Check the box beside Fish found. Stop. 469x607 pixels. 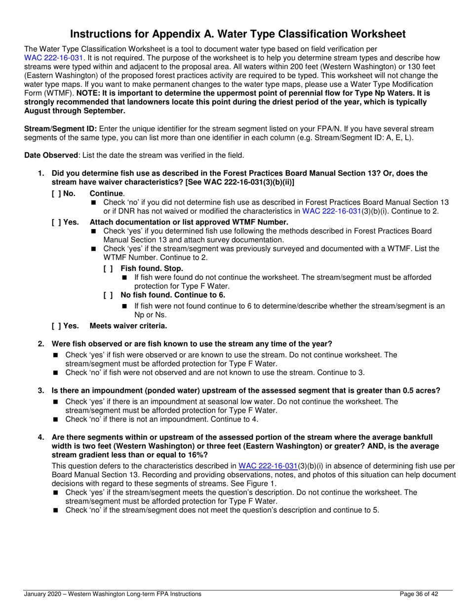click(x=108, y=268)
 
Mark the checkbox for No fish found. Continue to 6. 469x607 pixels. click(x=108, y=296)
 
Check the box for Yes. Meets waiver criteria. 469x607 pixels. click(x=56, y=326)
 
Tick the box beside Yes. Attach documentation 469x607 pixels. click(x=56, y=222)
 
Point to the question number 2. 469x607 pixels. click(x=41, y=343)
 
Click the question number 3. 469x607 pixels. click(x=41, y=390)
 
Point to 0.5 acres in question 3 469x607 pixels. click(x=421, y=390)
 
